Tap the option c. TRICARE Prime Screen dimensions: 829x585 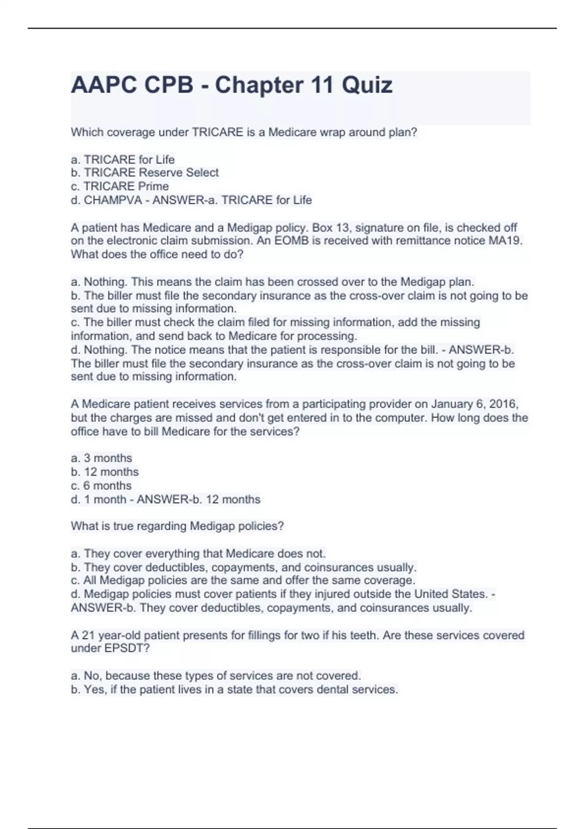coord(119,186)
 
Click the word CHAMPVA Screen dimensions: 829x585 coord(113,200)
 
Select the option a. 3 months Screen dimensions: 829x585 coord(101,458)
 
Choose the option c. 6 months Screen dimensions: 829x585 coord(101,486)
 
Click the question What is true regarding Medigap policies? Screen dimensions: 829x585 coord(177,526)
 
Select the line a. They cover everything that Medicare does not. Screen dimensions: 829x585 coord(198,553)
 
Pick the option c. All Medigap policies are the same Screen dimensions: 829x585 coord(243,580)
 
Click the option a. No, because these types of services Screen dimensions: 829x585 coord(215,676)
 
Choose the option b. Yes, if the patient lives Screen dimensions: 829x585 coord(234,690)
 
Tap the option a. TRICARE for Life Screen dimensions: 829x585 coord(122,159)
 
